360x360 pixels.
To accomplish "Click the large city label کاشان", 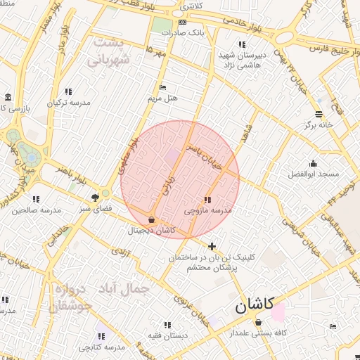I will tap(252, 307).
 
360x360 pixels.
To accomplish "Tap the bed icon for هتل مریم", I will tap(163, 88).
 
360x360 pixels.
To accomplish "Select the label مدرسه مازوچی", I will tap(207, 210).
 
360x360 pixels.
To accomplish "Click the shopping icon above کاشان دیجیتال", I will tap(152, 219).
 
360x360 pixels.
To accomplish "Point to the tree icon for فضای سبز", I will tap(95, 198).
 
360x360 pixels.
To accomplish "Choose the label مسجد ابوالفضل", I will tap(313, 173).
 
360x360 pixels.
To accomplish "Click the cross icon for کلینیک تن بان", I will tap(212, 246).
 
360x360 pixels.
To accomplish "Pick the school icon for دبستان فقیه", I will tap(167, 325).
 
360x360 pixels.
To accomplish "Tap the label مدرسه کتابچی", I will tap(101, 347).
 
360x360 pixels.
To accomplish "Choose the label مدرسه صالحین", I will tap(36, 210).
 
